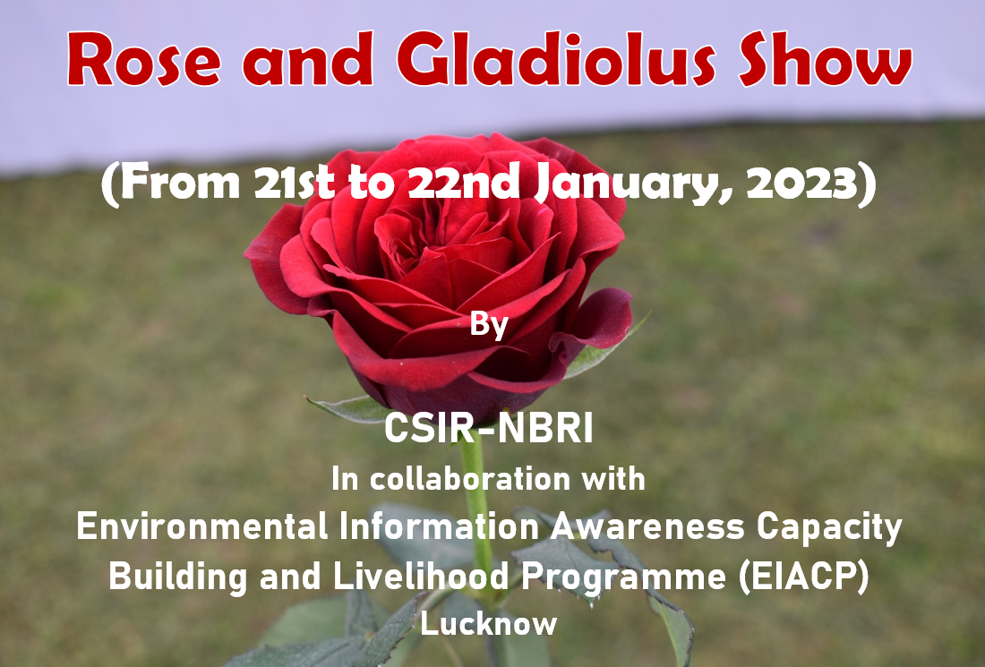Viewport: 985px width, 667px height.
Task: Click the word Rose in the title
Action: (x=144, y=60)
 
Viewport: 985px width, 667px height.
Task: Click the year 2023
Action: (x=801, y=184)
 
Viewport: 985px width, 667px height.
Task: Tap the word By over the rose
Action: (x=489, y=325)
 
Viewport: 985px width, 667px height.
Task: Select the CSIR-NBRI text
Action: (x=489, y=429)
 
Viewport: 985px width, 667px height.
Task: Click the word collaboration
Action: (x=470, y=479)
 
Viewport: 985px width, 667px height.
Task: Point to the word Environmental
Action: (x=202, y=526)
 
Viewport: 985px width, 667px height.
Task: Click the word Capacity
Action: (x=829, y=527)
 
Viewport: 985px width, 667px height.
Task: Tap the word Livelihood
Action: (x=420, y=576)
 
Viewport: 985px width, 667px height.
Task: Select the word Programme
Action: (x=624, y=577)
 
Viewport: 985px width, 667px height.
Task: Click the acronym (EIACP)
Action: (x=804, y=577)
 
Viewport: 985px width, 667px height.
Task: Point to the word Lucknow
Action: (x=489, y=624)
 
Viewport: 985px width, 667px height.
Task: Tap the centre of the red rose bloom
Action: (x=440, y=264)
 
